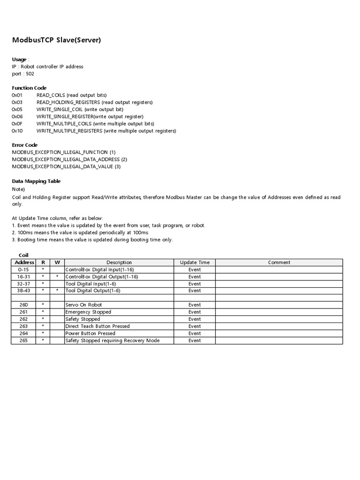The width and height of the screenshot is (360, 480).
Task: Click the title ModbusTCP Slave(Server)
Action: click(x=56, y=40)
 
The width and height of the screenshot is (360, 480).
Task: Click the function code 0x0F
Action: click(x=17, y=124)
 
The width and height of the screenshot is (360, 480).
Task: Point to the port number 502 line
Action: click(x=23, y=74)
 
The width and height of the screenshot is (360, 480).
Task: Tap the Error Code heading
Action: click(x=24, y=145)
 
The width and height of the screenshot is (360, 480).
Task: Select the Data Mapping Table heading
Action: click(x=36, y=181)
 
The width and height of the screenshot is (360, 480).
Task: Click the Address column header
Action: click(x=24, y=262)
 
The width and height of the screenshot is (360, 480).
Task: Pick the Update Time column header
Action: click(x=195, y=262)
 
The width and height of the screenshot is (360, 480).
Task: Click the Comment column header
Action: click(x=279, y=262)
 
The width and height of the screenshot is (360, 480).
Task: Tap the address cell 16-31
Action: click(x=23, y=277)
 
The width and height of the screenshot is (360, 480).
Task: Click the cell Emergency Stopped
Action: click(x=88, y=312)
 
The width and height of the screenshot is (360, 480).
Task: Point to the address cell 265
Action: click(x=23, y=340)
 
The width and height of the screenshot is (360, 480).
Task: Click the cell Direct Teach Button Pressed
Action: click(x=97, y=326)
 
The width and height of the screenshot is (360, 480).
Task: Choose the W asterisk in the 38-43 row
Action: click(x=57, y=291)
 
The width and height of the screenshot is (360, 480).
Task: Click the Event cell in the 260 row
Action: click(x=195, y=305)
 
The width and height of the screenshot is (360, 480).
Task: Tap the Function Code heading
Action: click(x=29, y=88)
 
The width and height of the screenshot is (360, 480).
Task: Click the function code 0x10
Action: click(x=17, y=131)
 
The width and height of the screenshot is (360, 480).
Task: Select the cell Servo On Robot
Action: click(x=83, y=305)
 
